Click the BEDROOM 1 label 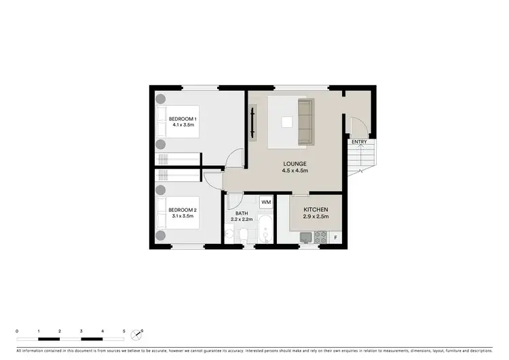(x=183, y=119)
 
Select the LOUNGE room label (x=295, y=164)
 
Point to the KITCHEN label (x=316, y=209)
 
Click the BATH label (x=242, y=213)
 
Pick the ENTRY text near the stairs (x=360, y=142)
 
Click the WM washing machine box (x=265, y=202)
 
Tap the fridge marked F (x=335, y=237)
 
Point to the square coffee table (x=288, y=122)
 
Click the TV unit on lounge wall (x=253, y=122)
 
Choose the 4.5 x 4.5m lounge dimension (x=295, y=171)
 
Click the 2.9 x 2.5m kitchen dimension (x=316, y=217)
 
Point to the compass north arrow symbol (x=140, y=334)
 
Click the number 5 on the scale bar (x=124, y=330)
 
